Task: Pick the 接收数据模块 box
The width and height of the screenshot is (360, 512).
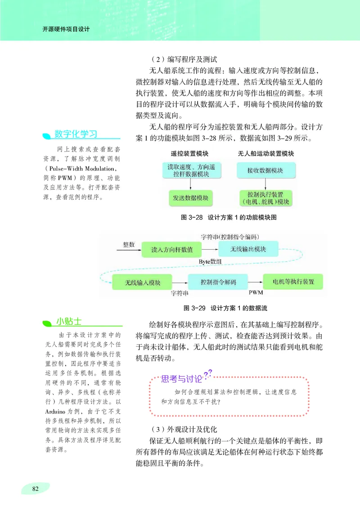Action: [x=265, y=171]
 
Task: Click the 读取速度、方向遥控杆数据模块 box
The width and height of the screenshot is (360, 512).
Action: [x=191, y=171]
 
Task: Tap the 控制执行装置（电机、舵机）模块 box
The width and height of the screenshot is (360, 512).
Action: [x=265, y=198]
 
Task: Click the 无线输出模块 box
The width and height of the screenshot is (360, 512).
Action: [x=248, y=249]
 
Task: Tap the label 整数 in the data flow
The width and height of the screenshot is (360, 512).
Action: [x=129, y=244]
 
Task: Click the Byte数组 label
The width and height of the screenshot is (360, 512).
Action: [x=209, y=260]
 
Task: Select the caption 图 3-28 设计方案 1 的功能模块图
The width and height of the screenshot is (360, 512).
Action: [x=228, y=217]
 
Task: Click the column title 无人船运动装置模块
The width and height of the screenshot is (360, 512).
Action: [x=266, y=153]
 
